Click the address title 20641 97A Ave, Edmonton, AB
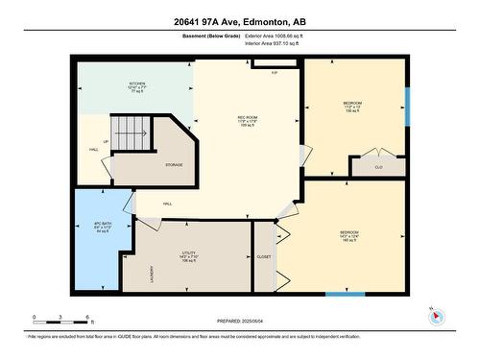click(x=240, y=20)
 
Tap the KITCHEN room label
click(x=137, y=84)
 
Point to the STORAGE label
click(x=174, y=165)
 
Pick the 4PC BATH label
click(x=91, y=227)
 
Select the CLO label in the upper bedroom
click(x=378, y=167)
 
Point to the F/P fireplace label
click(x=275, y=73)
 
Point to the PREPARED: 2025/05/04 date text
click(x=240, y=320)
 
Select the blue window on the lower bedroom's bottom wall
click(x=345, y=293)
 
